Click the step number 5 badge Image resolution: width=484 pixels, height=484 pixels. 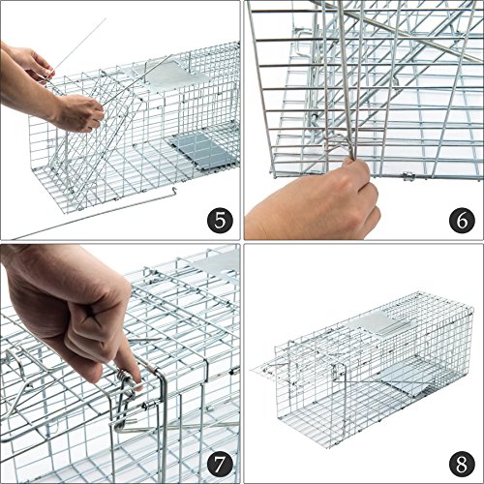click(x=220, y=221)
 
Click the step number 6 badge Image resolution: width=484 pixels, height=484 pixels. click(x=462, y=221)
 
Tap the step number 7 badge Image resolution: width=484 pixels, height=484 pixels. click(x=220, y=464)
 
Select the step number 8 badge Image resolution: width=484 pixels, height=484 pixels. click(x=462, y=464)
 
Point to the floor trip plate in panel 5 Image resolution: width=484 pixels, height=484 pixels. click(x=203, y=150)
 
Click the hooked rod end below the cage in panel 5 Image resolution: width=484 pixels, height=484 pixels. click(x=174, y=192)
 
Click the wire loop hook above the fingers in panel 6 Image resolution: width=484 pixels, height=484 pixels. click(x=337, y=143)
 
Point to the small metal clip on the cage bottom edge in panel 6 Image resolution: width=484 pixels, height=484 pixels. click(x=408, y=176)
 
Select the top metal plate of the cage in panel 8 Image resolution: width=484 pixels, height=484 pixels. click(x=382, y=322)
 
